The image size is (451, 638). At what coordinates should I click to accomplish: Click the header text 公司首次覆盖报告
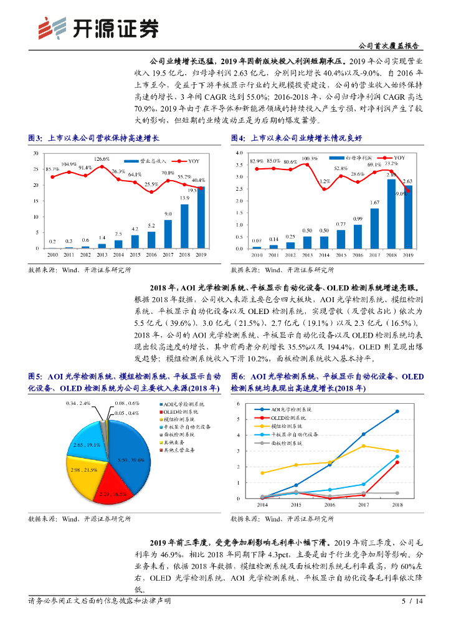coord(389,46)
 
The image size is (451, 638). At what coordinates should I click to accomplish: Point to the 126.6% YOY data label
coord(102,159)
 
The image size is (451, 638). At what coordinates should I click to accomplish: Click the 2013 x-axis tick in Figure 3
coord(102,255)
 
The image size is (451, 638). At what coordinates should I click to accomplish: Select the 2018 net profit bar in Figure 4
coord(391,214)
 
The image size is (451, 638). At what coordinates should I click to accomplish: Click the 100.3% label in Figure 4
coord(310,159)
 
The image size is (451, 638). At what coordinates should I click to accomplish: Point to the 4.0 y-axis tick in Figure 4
coord(239,153)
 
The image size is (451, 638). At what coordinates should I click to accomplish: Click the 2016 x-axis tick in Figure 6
coord(330,505)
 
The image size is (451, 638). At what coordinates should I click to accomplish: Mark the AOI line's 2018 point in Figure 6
coord(397,411)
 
